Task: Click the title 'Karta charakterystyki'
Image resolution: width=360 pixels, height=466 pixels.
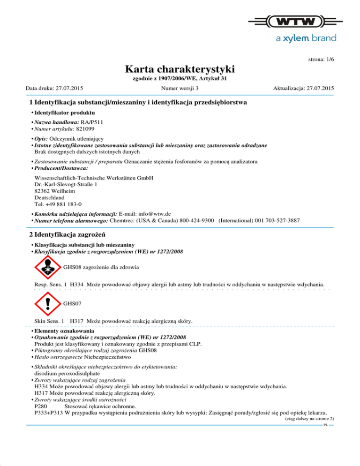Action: pos(180,70)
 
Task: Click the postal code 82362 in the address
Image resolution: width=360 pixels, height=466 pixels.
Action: pos(43,191)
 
